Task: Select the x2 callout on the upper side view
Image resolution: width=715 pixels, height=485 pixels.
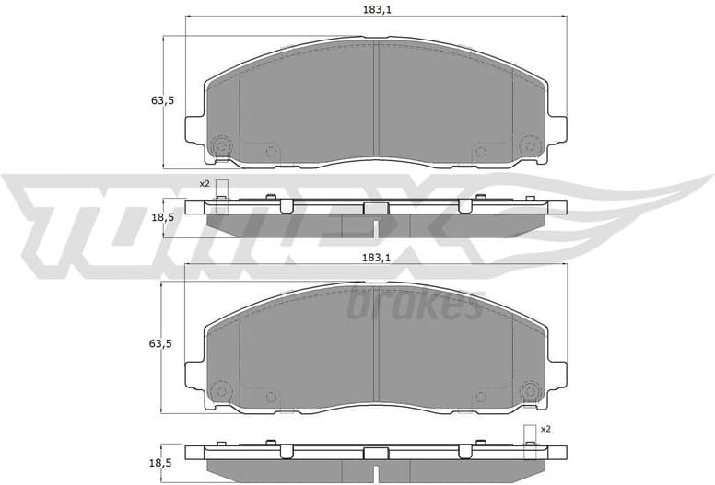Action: click(x=205, y=184)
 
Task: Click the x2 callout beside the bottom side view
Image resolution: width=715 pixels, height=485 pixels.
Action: click(x=545, y=429)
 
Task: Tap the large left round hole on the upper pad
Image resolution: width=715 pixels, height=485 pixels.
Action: click(x=220, y=145)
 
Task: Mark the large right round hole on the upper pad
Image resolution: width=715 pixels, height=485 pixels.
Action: click(x=529, y=145)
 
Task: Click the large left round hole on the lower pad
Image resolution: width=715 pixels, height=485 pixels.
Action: click(x=220, y=394)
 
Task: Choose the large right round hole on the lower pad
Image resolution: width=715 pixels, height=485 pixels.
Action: click(x=529, y=394)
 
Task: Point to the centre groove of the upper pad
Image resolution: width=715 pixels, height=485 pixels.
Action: click(x=375, y=101)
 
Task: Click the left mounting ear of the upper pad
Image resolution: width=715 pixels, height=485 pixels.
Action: click(x=194, y=129)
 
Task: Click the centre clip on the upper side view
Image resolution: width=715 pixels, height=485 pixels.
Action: click(x=375, y=208)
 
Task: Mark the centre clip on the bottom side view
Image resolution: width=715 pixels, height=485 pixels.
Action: click(x=375, y=454)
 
